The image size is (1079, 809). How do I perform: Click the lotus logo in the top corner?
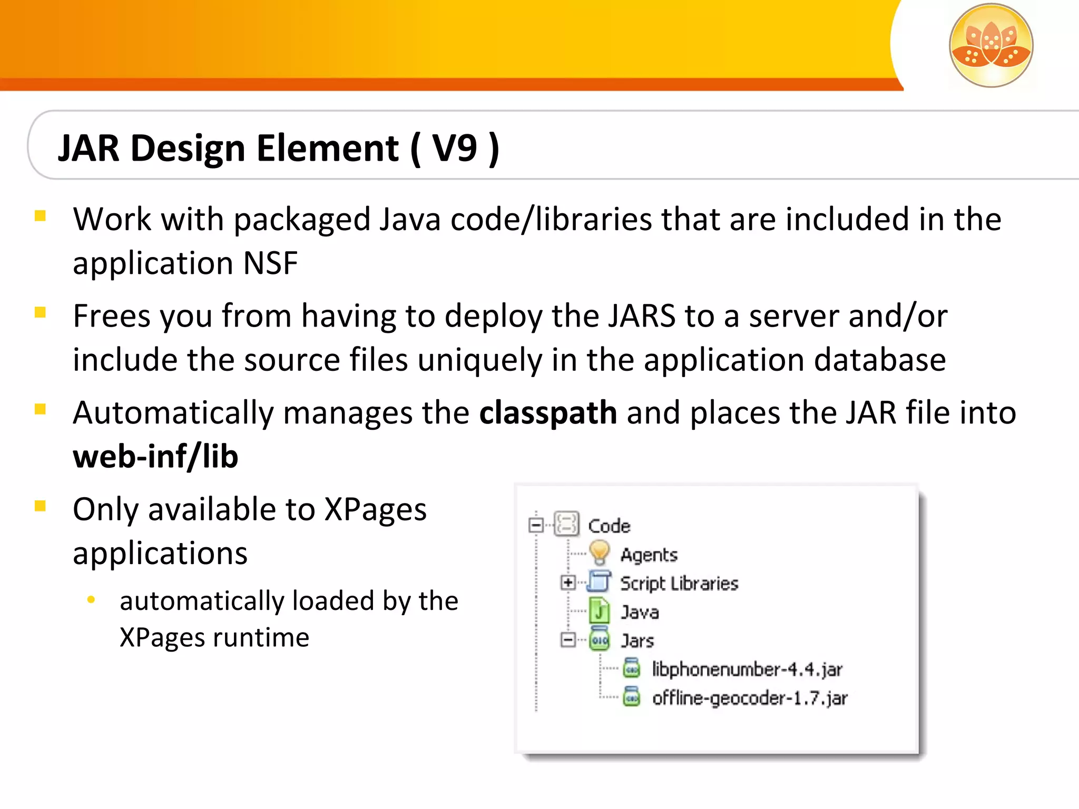pos(990,45)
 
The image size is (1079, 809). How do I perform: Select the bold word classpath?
pos(548,412)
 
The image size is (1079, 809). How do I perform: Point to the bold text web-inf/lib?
pos(155,456)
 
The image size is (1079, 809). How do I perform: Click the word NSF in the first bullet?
pos(270,263)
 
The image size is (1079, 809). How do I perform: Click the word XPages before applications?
pos(375,509)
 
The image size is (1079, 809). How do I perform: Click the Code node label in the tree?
pos(609,526)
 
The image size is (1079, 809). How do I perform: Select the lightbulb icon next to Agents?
pos(599,553)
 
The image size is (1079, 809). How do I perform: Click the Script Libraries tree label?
pos(679,584)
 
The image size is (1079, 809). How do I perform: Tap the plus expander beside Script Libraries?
pos(568,583)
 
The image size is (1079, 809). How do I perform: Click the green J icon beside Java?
pos(599,611)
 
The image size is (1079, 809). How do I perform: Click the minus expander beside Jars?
pos(568,640)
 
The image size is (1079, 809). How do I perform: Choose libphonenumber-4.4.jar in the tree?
pos(747,669)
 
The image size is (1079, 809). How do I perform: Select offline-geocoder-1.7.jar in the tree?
pos(750,698)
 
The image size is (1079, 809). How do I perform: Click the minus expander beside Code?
pos(536,525)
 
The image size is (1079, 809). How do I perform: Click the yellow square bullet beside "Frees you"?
pos(40,312)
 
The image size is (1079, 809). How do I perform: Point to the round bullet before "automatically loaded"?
pos(91,599)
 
